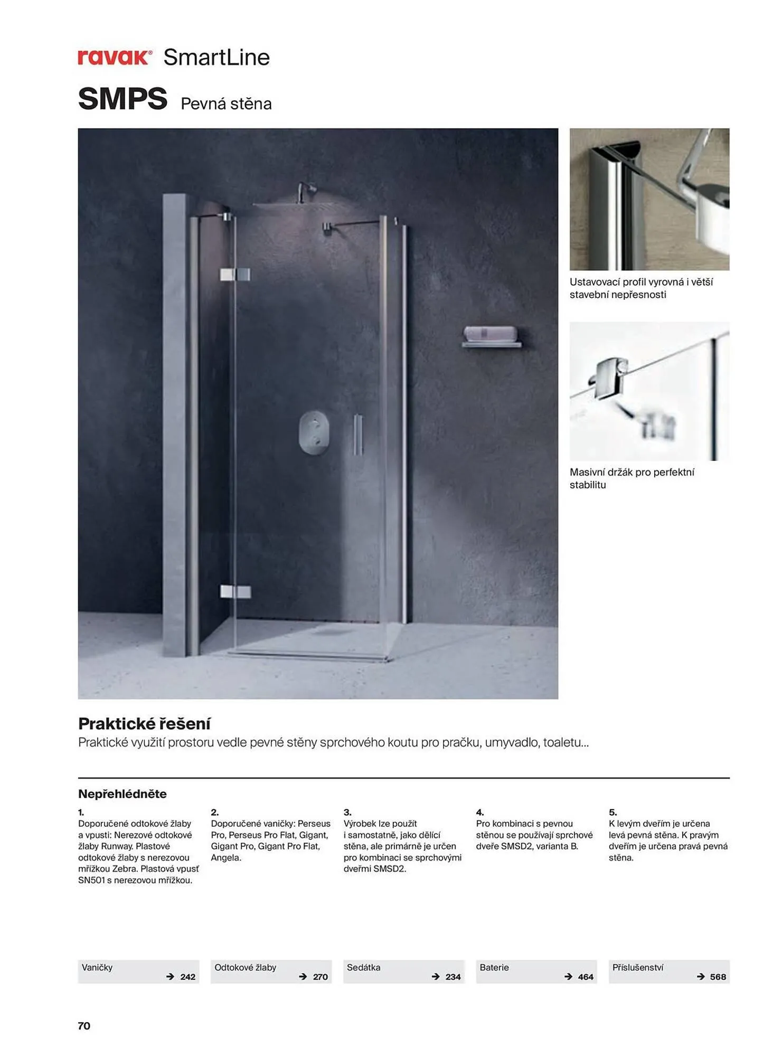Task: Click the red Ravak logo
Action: pyautogui.click(x=115, y=57)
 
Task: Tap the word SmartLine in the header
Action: pyautogui.click(x=216, y=57)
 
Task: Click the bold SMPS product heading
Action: pyautogui.click(x=123, y=99)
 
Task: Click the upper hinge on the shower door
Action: pyautogui.click(x=235, y=274)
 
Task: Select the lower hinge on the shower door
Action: pyautogui.click(x=235, y=591)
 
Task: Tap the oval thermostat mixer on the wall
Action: pyautogui.click(x=314, y=432)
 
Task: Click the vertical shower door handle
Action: pyautogui.click(x=358, y=434)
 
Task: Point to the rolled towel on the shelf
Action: pyautogui.click(x=490, y=334)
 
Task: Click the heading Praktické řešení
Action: pyautogui.click(x=144, y=723)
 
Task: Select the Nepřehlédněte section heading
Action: pyautogui.click(x=122, y=794)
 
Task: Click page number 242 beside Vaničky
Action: pyautogui.click(x=187, y=977)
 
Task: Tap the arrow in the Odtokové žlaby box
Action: pyautogui.click(x=303, y=977)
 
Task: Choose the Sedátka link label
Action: pyautogui.click(x=363, y=967)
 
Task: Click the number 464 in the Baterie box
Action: pyautogui.click(x=586, y=977)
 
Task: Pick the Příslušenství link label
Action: pyautogui.click(x=637, y=967)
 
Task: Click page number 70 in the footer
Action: pyautogui.click(x=84, y=1026)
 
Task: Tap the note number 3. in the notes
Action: pyautogui.click(x=347, y=812)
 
